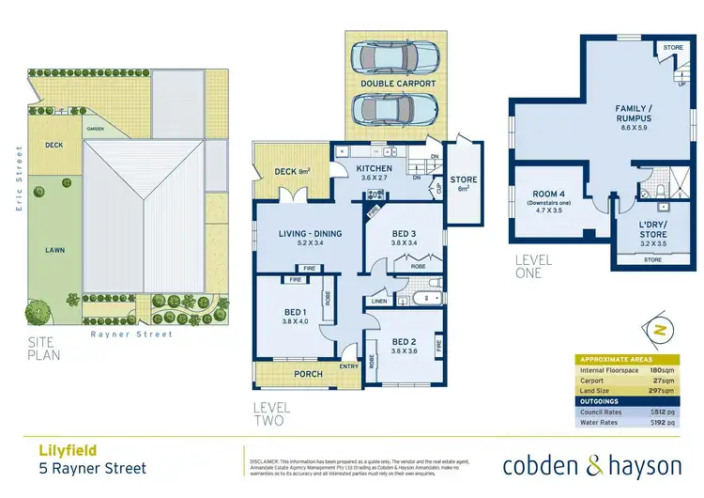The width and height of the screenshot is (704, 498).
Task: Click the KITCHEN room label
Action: click(x=374, y=169)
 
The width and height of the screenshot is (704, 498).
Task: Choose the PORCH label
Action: click(x=309, y=374)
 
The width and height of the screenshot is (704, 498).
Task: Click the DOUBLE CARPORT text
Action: click(x=398, y=84)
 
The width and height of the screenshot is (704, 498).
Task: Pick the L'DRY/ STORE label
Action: click(x=652, y=229)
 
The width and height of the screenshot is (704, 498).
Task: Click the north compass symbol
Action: click(x=659, y=331)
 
